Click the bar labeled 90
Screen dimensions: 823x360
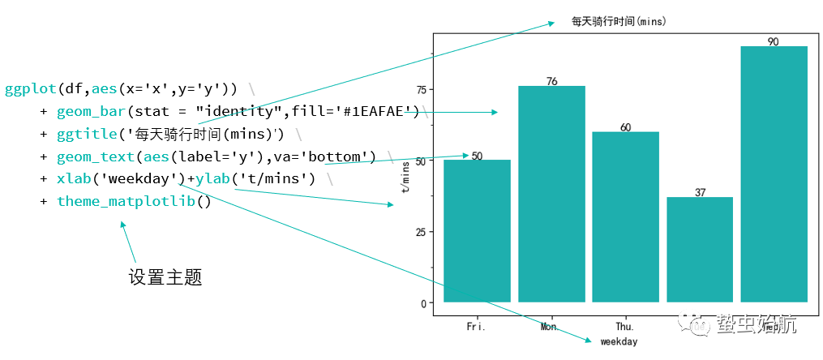coord(774,174)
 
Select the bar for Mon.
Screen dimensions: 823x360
coord(551,194)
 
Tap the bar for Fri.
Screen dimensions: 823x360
coord(477,231)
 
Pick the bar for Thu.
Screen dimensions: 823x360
coord(625,216)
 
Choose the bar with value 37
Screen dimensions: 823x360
coord(700,250)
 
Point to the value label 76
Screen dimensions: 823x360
coord(551,81)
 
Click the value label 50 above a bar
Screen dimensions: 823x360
coord(477,156)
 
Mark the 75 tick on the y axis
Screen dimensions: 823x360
coord(420,89)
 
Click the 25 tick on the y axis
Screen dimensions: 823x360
coord(420,232)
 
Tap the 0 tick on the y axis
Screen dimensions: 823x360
coord(423,303)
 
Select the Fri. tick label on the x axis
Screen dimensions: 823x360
coord(477,327)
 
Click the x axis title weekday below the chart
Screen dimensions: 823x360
coord(619,342)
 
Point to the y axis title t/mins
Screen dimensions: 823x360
coord(405,175)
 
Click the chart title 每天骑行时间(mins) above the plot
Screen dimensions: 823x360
coord(619,22)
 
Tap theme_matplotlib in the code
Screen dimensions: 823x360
coord(126,201)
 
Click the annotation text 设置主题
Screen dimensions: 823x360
coord(165,277)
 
